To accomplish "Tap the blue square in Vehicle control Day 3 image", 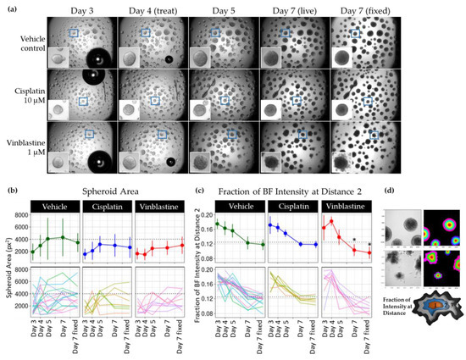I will coord(75,32).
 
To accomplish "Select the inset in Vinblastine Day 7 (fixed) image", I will coord(343,160).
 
